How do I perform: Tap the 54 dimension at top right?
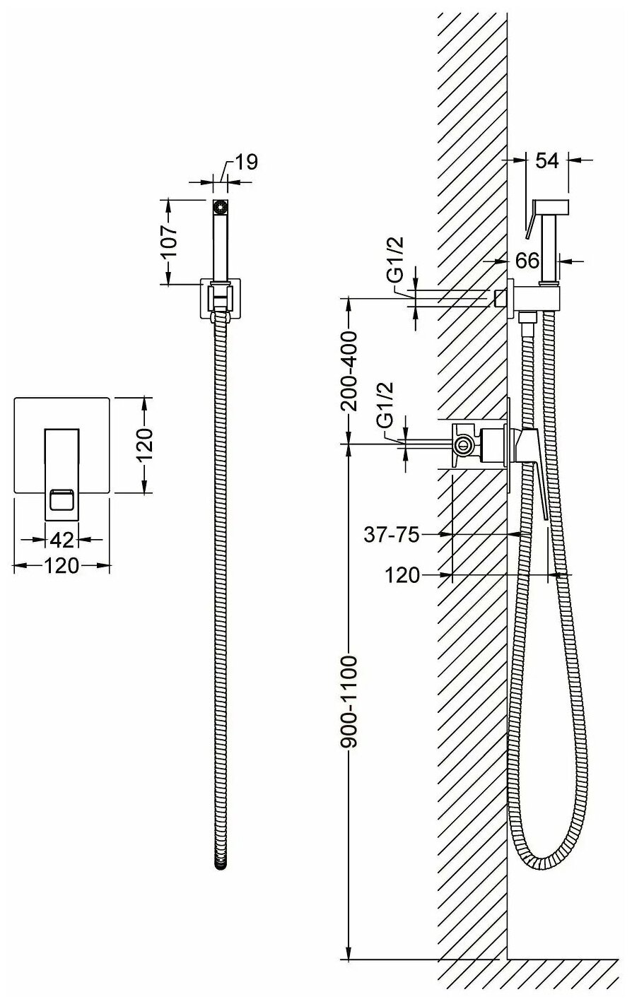coord(546,160)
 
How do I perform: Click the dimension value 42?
coord(62,540)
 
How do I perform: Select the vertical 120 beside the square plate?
coord(144,444)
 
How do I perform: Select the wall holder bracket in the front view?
coord(221,299)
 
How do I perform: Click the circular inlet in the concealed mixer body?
coord(463,444)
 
